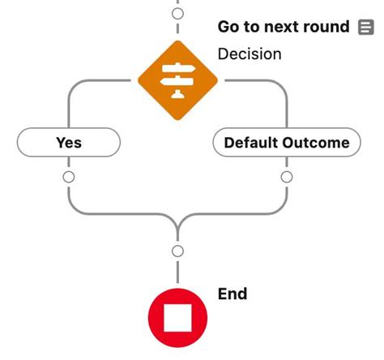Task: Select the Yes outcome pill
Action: click(69, 143)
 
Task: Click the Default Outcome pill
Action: click(286, 143)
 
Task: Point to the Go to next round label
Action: click(284, 27)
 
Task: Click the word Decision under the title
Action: click(250, 54)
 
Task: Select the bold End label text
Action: click(233, 293)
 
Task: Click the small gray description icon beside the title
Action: click(365, 28)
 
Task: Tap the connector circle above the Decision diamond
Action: click(178, 13)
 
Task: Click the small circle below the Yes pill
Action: click(69, 176)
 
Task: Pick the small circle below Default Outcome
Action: click(286, 176)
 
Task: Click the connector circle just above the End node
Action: click(178, 251)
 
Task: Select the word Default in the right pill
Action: click(252, 143)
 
